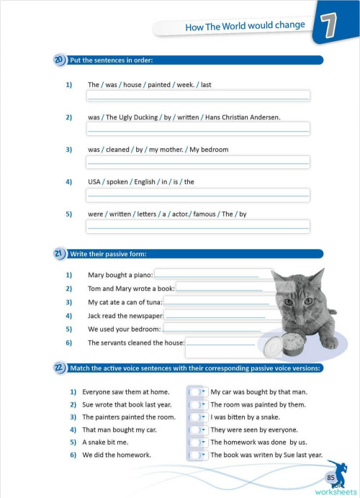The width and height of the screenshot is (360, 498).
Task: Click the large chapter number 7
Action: point(328,26)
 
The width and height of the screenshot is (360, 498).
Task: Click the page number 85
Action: point(330,477)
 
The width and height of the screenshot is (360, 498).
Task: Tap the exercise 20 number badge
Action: point(59,60)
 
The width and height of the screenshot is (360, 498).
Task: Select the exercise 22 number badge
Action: point(59,368)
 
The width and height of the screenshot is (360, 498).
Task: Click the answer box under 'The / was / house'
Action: point(198,96)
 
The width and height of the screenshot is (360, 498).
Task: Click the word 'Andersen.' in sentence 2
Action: point(265,117)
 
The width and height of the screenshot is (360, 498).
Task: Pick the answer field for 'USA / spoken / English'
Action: point(198,195)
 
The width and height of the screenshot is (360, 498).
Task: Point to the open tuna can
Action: point(293,344)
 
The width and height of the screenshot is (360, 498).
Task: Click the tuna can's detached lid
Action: point(273,346)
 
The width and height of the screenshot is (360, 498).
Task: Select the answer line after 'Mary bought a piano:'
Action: point(214,274)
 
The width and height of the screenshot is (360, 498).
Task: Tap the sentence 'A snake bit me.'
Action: point(105,442)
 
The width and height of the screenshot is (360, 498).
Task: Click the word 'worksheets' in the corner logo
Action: point(336,492)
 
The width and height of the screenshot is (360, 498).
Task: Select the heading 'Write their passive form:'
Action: point(108,254)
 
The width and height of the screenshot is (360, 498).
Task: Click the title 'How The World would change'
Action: point(245,26)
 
